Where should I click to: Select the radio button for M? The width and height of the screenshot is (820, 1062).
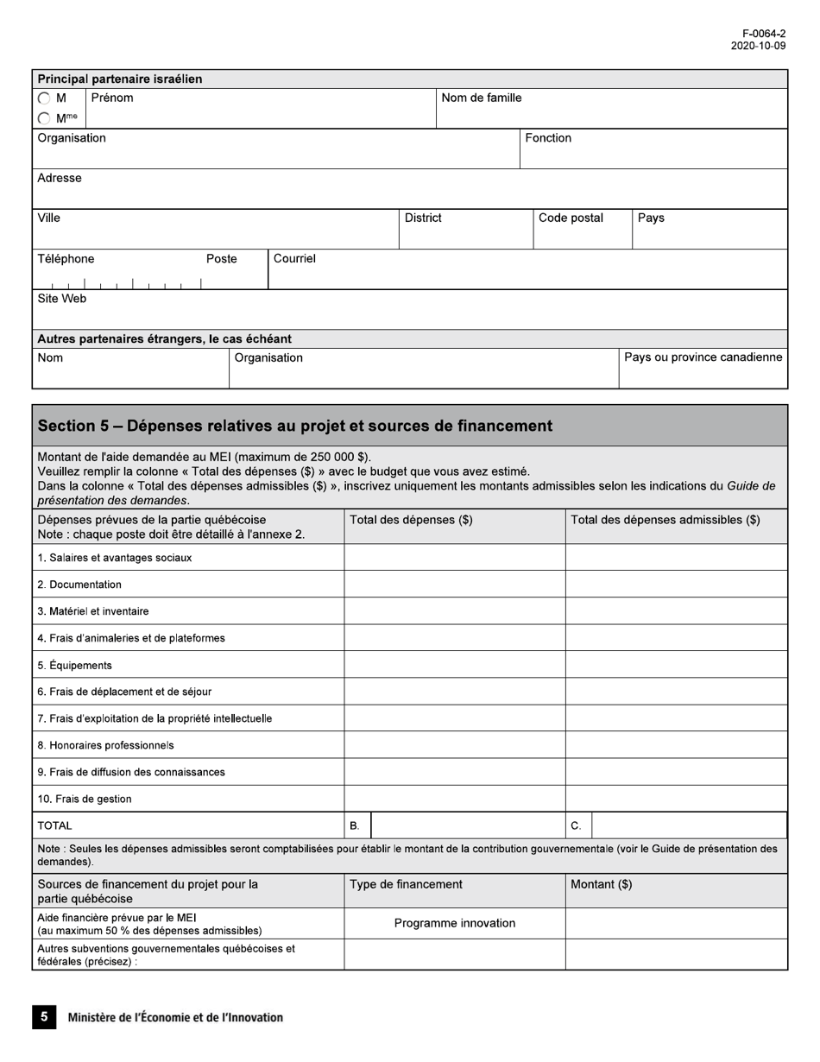click(44, 98)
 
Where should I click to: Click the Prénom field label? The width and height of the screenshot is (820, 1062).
click(112, 98)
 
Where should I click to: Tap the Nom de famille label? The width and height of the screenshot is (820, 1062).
click(481, 98)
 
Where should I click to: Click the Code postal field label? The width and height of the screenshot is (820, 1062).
click(571, 218)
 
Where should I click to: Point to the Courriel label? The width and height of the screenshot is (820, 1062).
click(294, 259)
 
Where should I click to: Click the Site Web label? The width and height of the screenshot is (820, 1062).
click(62, 299)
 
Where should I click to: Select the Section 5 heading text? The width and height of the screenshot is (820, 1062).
click(295, 426)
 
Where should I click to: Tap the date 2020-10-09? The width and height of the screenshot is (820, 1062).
click(758, 46)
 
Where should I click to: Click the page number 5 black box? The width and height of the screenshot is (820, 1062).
click(44, 1016)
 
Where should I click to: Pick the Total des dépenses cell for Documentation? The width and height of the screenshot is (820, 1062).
click(454, 585)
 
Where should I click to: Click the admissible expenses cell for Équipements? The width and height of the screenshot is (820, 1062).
click(676, 665)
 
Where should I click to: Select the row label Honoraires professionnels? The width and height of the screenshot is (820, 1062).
click(105, 745)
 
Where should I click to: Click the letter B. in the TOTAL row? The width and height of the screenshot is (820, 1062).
click(355, 826)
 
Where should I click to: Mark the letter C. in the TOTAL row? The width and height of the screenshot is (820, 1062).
click(576, 826)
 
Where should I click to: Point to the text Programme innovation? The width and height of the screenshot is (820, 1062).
click(455, 923)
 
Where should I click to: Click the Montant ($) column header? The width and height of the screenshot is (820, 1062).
click(602, 884)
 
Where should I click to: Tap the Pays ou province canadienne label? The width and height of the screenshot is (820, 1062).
click(703, 357)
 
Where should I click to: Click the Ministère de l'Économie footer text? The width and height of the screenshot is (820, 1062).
click(175, 1017)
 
